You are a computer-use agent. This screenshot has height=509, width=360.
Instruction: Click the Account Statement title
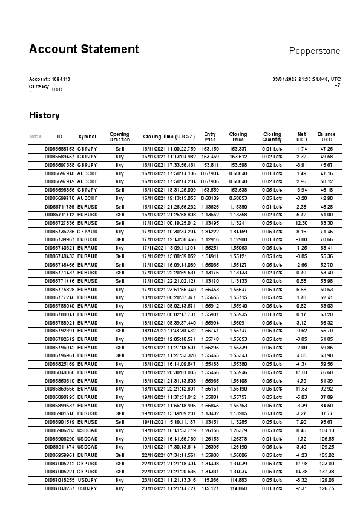[x=83, y=50]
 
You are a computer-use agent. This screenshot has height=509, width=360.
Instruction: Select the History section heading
[x=44, y=115]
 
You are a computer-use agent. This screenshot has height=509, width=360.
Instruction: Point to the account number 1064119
[x=61, y=79]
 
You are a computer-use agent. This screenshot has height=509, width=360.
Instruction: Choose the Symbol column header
[x=87, y=137]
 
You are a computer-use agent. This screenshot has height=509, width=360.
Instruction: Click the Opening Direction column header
[x=119, y=137]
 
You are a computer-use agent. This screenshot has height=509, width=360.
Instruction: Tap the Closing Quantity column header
[x=272, y=137]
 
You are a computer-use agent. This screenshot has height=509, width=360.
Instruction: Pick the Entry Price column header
[x=210, y=137]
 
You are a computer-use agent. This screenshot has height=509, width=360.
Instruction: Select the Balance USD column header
[x=326, y=137]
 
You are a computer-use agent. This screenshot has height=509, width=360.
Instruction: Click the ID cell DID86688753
[x=60, y=148]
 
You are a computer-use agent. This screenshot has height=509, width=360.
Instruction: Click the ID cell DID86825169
[x=60, y=364]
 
